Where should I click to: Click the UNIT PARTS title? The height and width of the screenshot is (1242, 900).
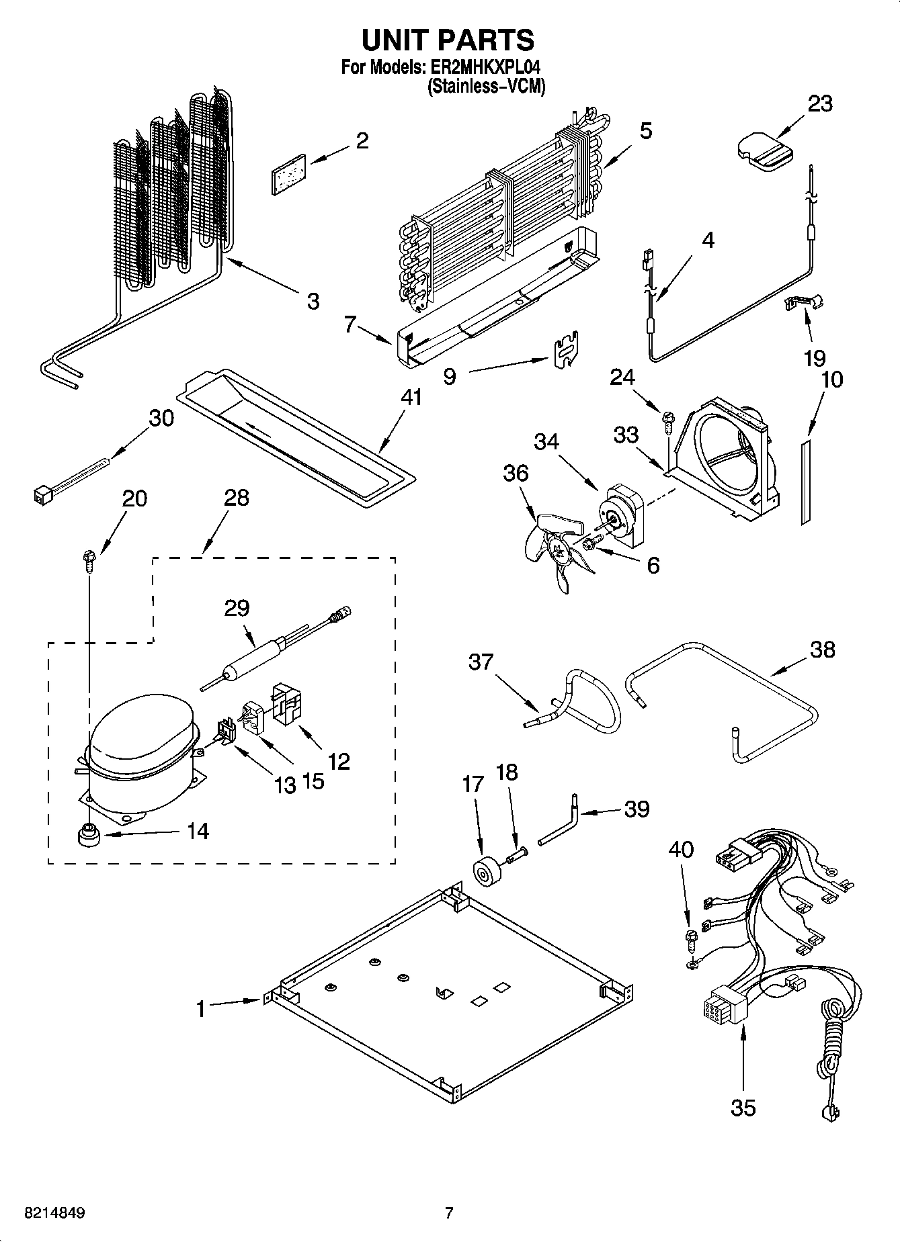coord(448,40)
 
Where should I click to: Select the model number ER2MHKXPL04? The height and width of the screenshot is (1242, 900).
coord(484,68)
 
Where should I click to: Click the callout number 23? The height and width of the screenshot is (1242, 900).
coord(819,103)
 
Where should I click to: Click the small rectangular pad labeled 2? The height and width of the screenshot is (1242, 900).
coord(288,173)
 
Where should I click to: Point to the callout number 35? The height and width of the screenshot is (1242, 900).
coord(743,1106)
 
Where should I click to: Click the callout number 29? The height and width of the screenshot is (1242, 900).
coord(237,608)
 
